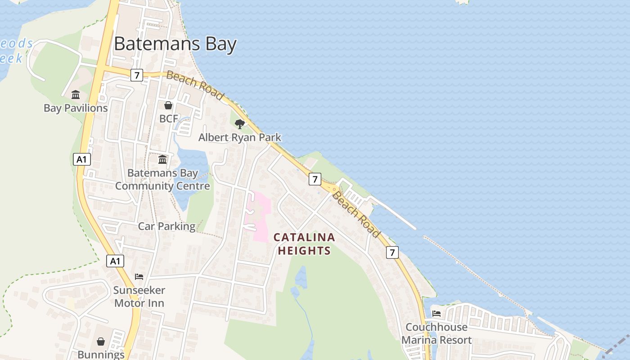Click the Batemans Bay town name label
175,44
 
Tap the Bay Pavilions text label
76,108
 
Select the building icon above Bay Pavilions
76,95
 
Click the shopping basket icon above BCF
168,105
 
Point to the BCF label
169,119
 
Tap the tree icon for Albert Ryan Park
240,124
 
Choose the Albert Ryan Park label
240,137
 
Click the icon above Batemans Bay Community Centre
162,159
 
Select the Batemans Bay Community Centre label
162,179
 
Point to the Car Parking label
166,226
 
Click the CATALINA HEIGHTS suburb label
304,243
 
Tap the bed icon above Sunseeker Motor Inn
139,276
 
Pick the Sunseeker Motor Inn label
139,297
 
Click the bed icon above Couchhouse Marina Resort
436,313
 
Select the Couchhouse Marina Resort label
436,333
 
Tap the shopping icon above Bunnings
101,342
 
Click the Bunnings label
101,355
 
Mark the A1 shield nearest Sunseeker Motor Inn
115,261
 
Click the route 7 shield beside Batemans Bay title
137,75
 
